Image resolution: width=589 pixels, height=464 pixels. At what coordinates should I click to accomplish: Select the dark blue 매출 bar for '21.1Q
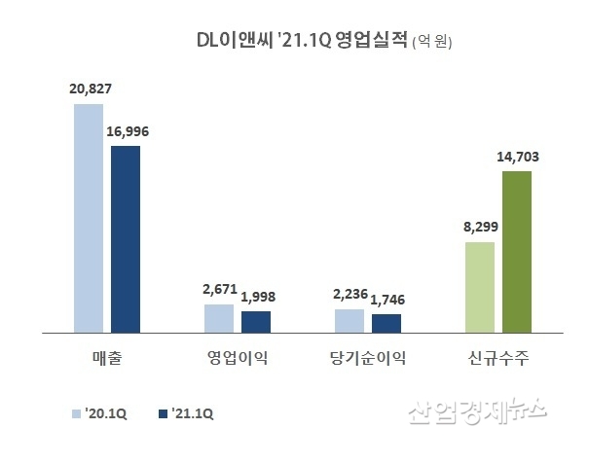tap(126, 239)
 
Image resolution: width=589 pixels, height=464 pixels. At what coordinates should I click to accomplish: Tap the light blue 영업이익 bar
tap(219, 318)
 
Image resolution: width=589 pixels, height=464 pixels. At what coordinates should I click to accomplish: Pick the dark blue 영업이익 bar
tap(256, 322)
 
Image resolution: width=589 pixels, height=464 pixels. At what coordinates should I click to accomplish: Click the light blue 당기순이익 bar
tap(350, 321)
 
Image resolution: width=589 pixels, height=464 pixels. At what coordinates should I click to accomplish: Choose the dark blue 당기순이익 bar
tap(387, 323)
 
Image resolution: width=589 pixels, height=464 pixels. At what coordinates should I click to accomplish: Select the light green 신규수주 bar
tap(480, 287)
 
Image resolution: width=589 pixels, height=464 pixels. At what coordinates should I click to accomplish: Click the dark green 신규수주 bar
tap(517, 252)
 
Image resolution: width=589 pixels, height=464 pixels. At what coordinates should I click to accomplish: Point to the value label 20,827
tap(89, 89)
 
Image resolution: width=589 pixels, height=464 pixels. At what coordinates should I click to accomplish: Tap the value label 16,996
tap(128, 130)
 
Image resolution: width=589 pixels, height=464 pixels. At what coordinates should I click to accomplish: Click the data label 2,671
tap(220, 290)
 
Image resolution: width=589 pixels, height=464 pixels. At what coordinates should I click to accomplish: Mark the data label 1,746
tap(387, 300)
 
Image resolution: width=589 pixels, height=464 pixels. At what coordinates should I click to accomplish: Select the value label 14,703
tap(518, 156)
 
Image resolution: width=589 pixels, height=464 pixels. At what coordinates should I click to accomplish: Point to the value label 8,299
tap(480, 227)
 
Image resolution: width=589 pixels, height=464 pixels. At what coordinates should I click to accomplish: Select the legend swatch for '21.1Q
tap(163, 413)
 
